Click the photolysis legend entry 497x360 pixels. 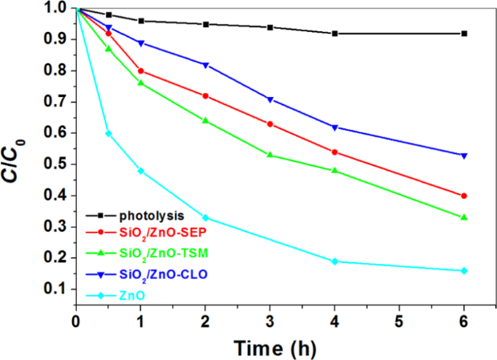[152, 216]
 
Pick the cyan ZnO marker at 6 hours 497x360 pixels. [464, 271]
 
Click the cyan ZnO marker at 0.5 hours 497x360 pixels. [108, 133]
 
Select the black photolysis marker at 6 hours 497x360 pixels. [464, 34]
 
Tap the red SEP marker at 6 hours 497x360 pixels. [464, 196]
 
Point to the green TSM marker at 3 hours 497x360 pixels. [269, 155]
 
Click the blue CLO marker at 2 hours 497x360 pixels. [205, 65]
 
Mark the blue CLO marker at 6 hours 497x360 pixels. [464, 156]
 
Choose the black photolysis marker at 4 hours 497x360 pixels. [334, 34]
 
